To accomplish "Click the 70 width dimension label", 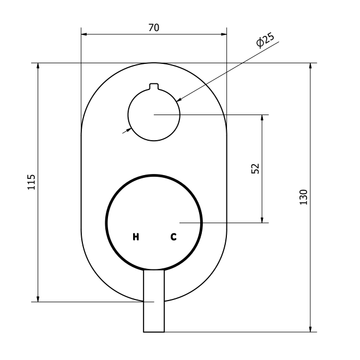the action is point(154,28).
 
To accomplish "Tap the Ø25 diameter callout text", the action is point(265,40).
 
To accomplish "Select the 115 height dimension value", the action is point(32,182).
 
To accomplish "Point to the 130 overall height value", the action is point(303,197).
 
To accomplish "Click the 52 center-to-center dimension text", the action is point(255,169).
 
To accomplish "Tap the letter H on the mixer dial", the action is point(136,237).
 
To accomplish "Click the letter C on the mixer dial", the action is point(173,237).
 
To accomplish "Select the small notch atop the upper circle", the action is point(154,87).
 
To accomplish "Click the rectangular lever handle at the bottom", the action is point(154,301).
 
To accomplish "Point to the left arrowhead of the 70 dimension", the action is point(84,34).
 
